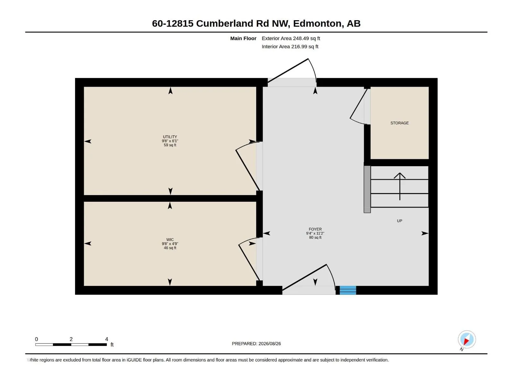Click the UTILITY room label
[x=170, y=137]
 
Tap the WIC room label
[x=170, y=240]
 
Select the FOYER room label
[x=315, y=229]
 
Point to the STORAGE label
[x=399, y=123]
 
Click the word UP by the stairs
[x=399, y=221]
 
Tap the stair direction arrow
[x=399, y=186]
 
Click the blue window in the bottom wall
[x=348, y=290]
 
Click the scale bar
[x=71, y=345]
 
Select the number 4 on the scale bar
[x=106, y=339]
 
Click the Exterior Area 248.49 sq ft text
[x=291, y=38]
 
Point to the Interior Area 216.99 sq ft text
[x=290, y=47]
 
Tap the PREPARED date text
[x=256, y=344]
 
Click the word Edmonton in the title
[x=318, y=24]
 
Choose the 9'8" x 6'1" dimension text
[x=170, y=141]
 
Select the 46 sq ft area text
[x=170, y=248]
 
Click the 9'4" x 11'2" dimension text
[x=315, y=233]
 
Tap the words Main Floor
[x=243, y=38]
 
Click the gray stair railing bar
[x=367, y=189]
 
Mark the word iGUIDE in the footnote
[x=134, y=360]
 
